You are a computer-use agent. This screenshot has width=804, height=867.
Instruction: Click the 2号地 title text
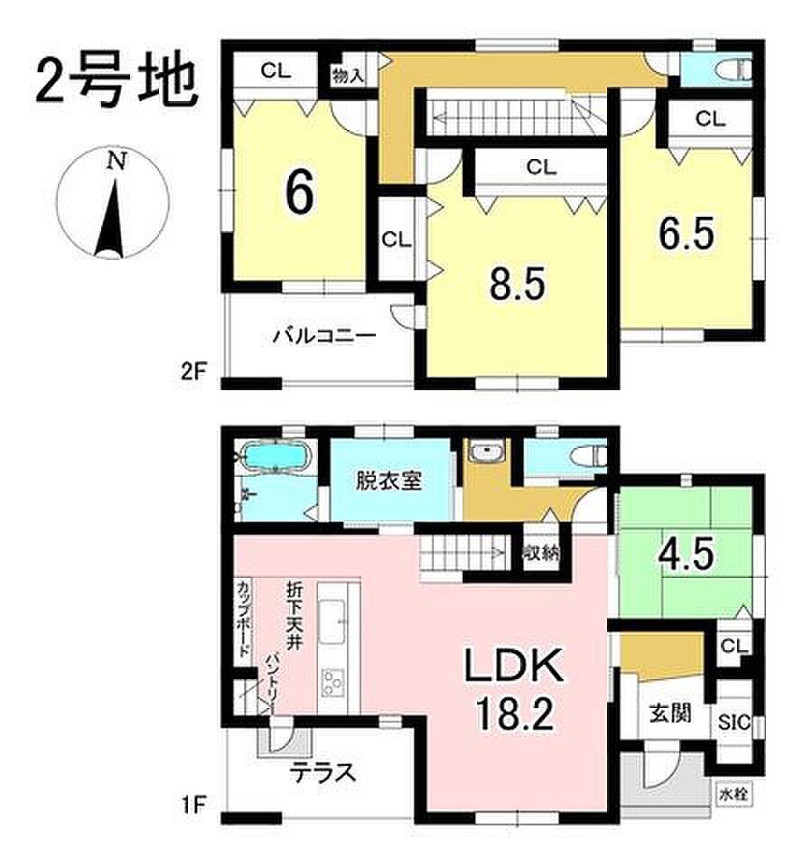pos(117,82)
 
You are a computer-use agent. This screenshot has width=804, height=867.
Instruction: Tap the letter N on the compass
pos(117,162)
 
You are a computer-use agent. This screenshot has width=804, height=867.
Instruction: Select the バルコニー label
pos(325,336)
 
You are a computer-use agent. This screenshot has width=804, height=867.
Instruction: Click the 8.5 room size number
pos(518,284)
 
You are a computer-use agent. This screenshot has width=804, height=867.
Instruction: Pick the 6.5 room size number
pos(687,233)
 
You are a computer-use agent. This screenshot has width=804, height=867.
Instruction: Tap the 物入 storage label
pos(348,76)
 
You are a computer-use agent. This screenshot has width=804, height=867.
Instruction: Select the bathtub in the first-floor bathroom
pos(275,458)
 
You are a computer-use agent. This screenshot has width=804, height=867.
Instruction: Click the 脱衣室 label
pos(388,480)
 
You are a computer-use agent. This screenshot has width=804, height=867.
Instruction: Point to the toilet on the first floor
pos(589,456)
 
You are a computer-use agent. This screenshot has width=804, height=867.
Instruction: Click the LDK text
pos(514,667)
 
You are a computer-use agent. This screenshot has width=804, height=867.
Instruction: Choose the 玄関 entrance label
pos(670,713)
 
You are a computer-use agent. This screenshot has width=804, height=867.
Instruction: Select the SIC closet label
pos(734,722)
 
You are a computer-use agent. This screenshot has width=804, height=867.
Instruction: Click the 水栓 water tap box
pos(734,795)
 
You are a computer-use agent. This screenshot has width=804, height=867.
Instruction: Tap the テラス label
pos(323,772)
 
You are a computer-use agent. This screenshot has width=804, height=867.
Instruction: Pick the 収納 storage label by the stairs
pos(541,552)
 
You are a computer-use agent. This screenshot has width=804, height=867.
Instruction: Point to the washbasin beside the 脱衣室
pos(486,452)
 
